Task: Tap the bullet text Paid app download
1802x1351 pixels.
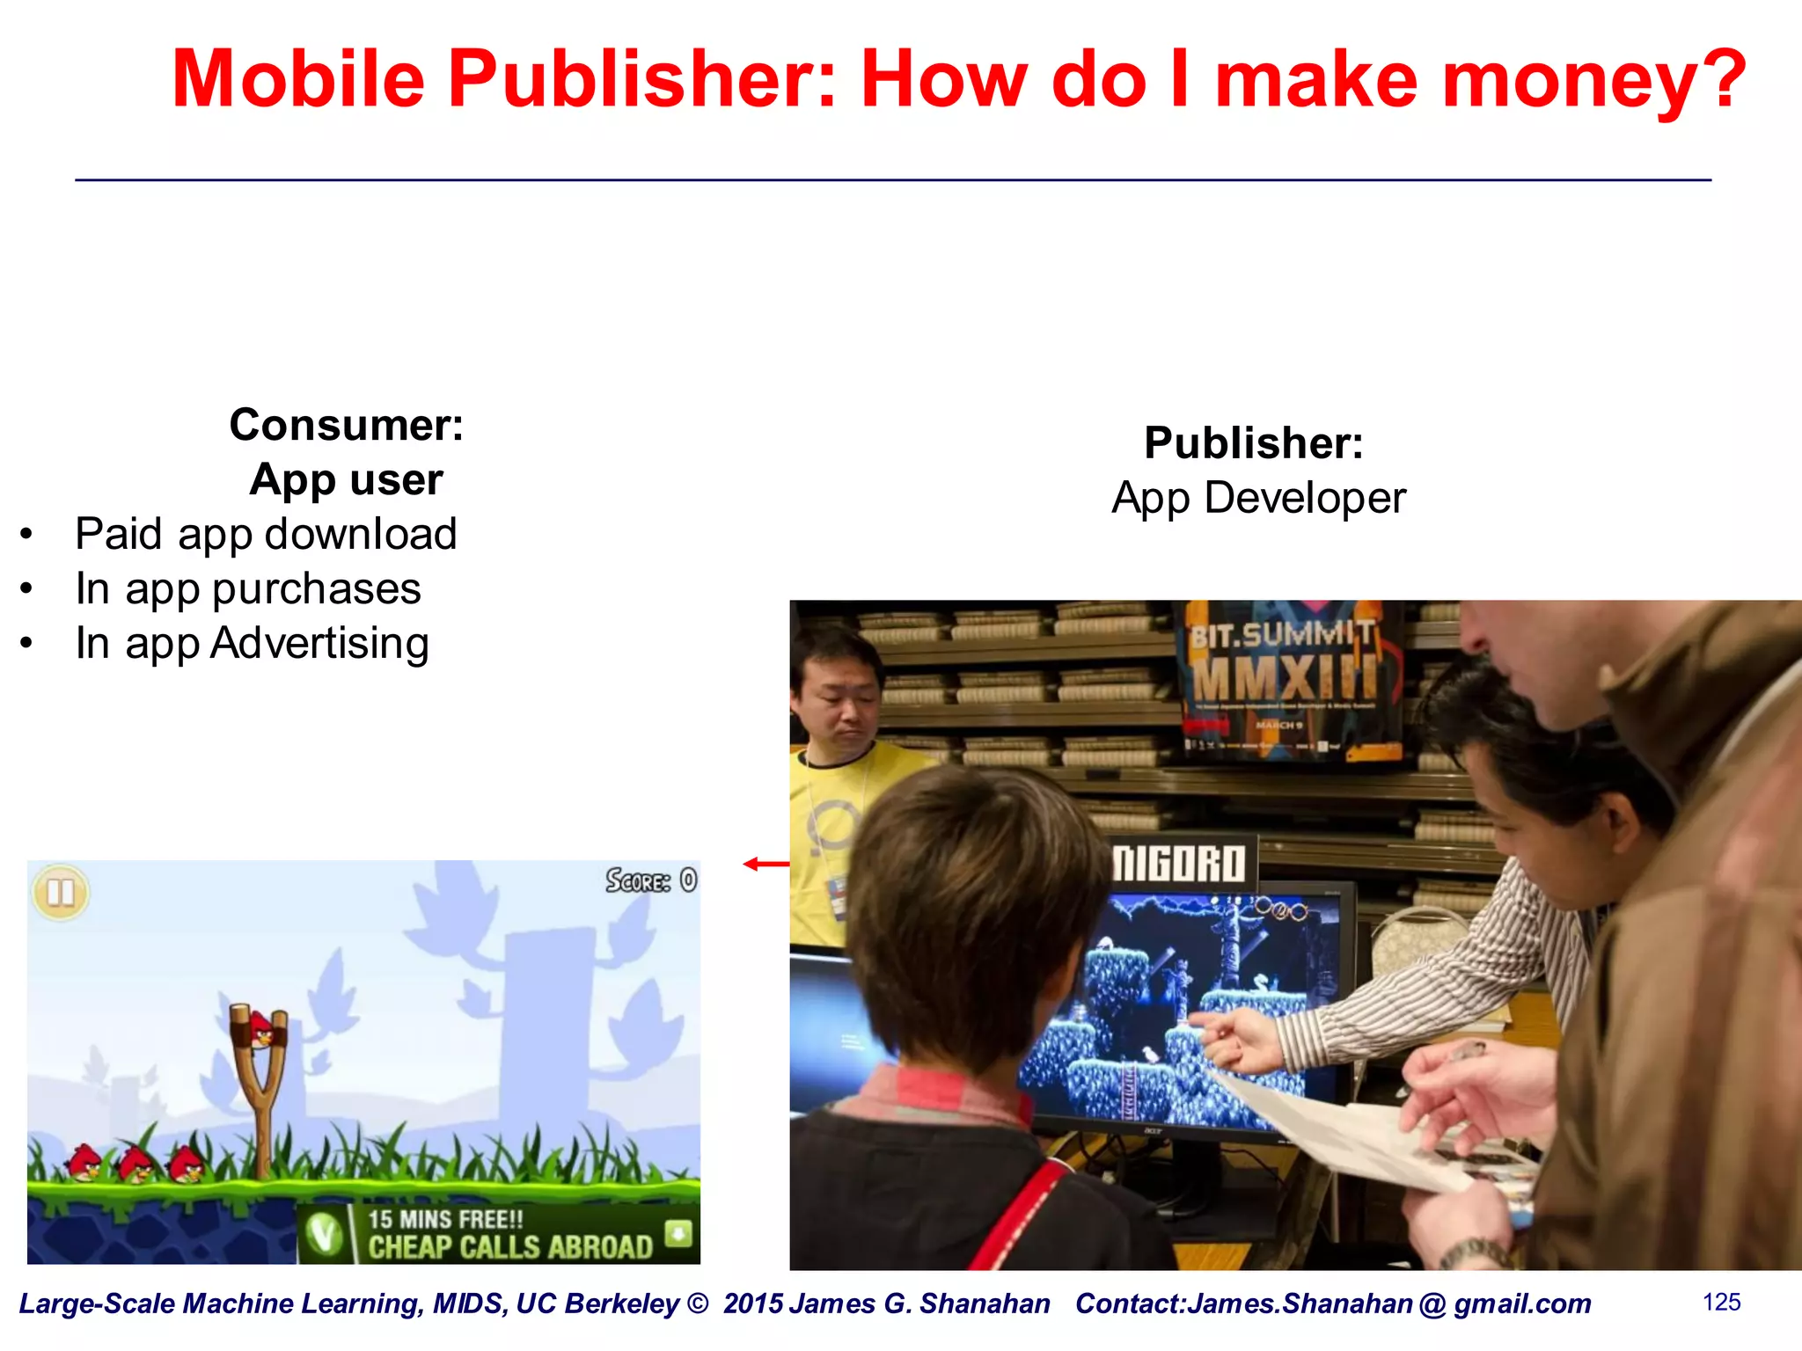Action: coord(266,534)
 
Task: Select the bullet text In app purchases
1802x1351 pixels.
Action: coord(248,588)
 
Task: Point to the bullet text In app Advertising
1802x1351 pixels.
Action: coord(252,643)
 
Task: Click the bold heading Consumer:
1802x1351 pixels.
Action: coord(346,425)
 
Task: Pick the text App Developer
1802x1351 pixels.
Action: coord(1258,498)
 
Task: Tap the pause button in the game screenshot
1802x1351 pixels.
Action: coord(61,892)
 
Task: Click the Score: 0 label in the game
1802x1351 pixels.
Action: coord(651,880)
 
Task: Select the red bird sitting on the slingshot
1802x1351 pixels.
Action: coord(261,1028)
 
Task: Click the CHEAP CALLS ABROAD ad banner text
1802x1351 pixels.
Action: coord(510,1246)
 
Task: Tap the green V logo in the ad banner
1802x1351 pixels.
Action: coord(324,1234)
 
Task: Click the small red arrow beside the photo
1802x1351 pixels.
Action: coord(765,864)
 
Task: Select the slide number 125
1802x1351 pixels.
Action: coord(1721,1302)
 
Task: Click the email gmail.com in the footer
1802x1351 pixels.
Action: coord(1522,1304)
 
